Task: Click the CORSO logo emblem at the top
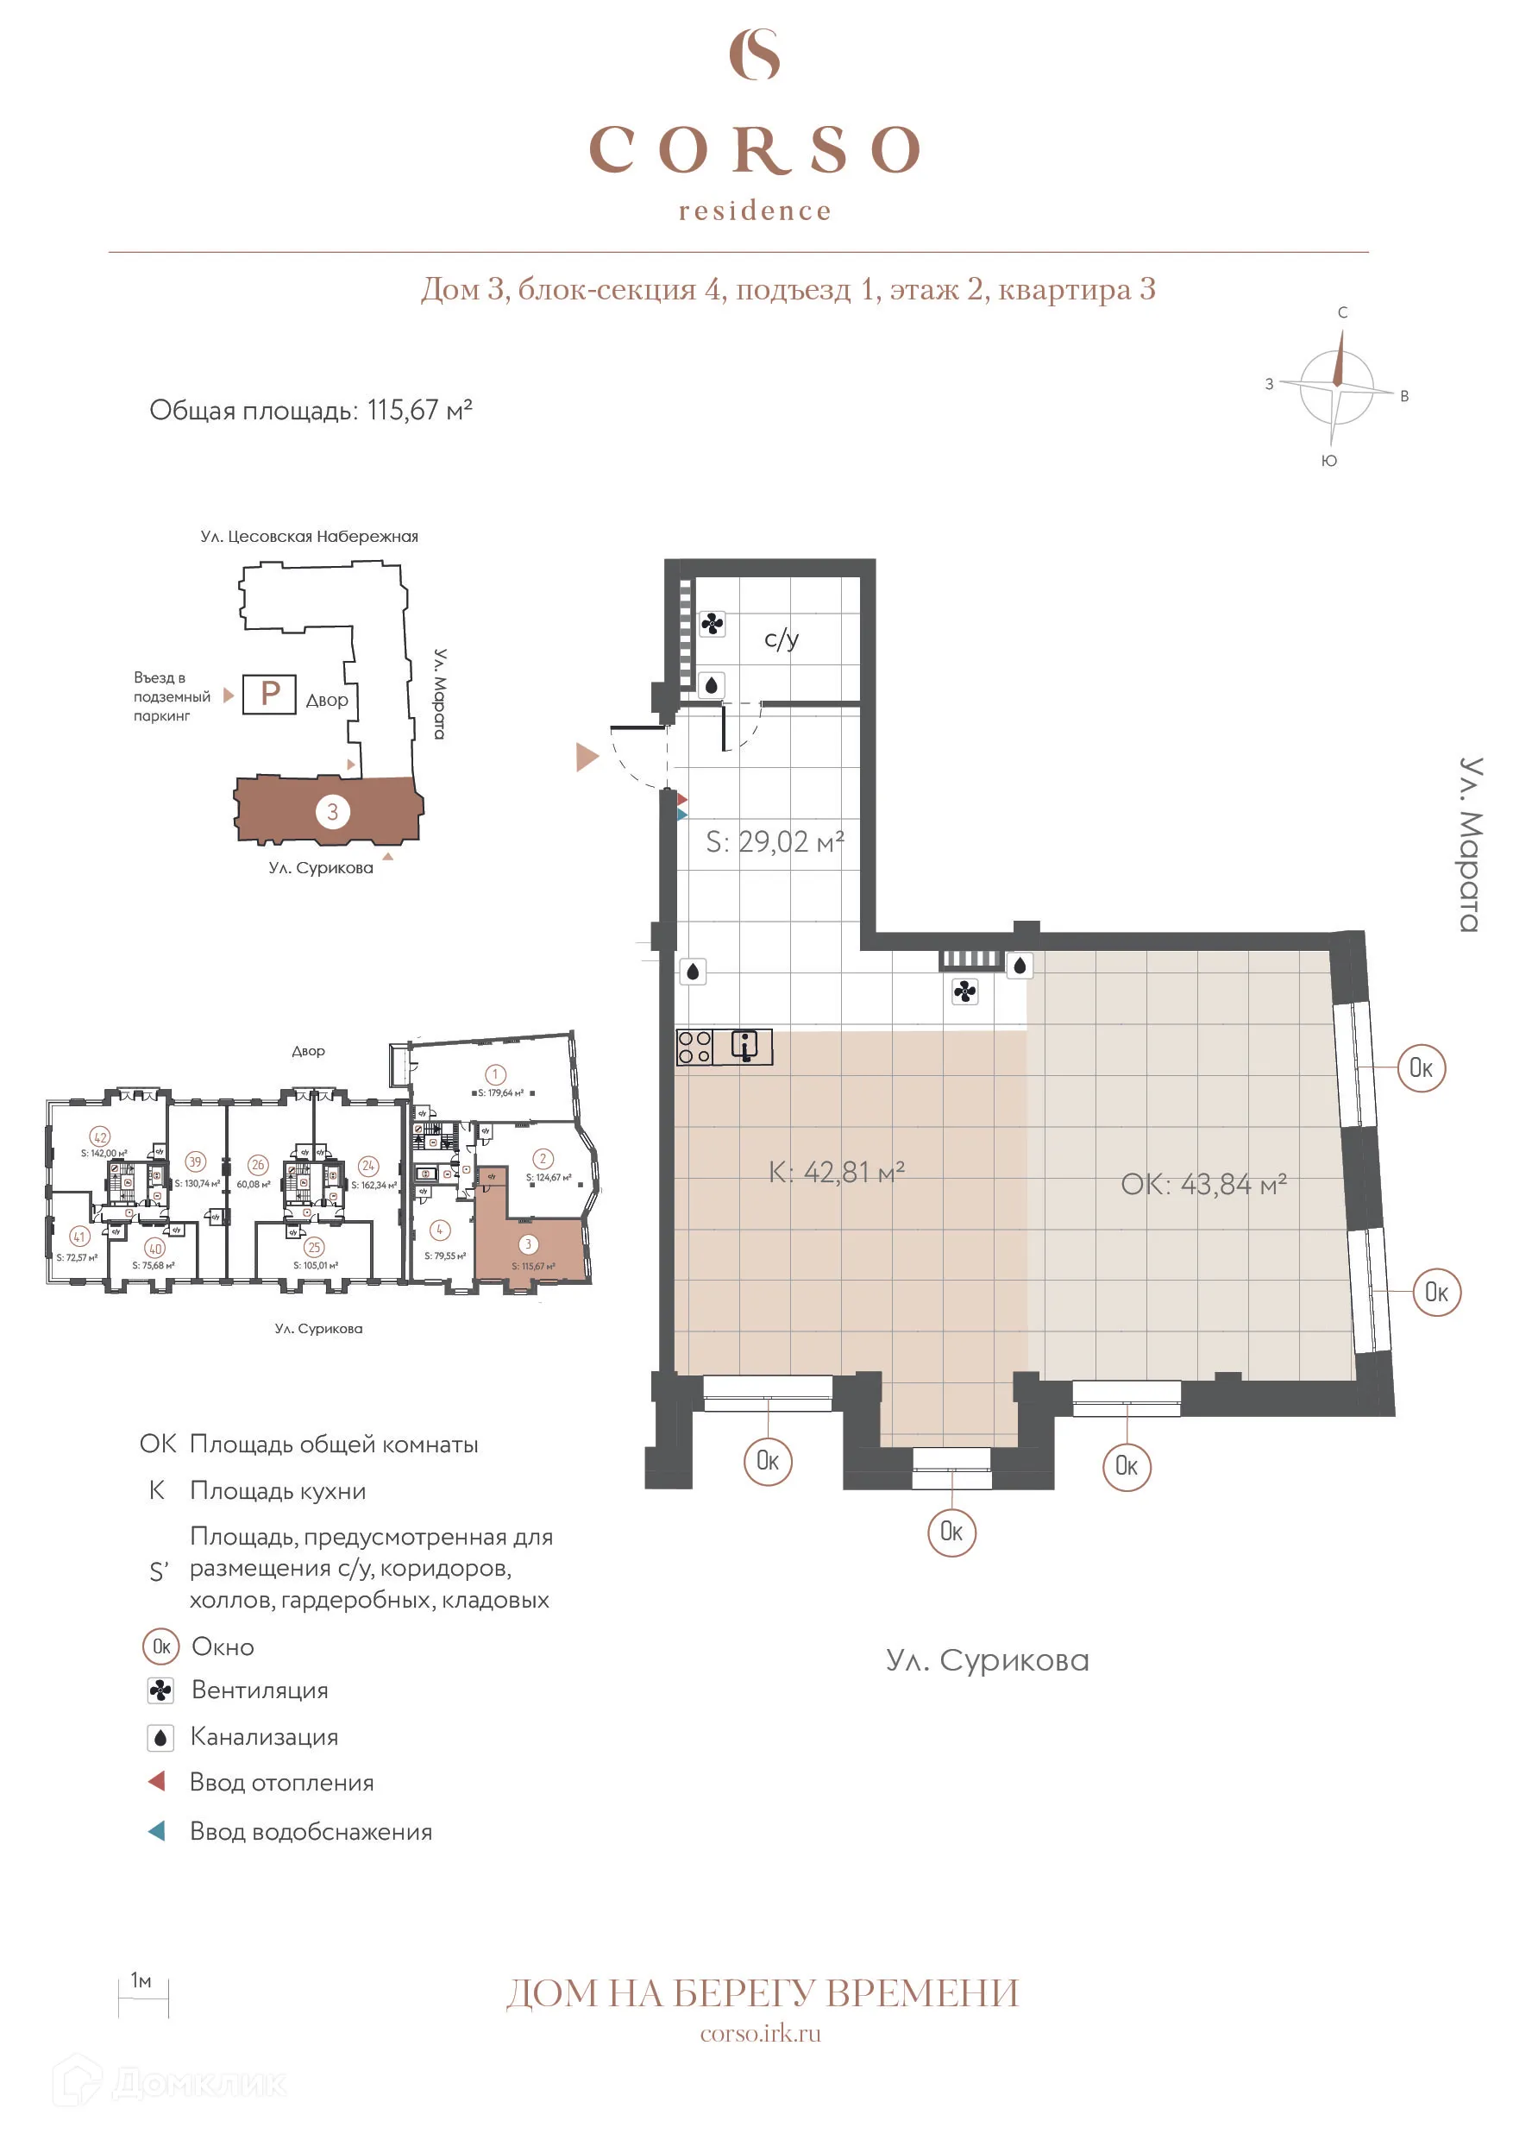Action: click(x=754, y=54)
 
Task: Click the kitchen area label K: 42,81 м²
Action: click(x=836, y=1172)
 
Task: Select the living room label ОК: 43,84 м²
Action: click(x=1202, y=1184)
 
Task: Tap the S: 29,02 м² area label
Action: click(x=775, y=841)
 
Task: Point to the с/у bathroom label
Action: click(x=781, y=639)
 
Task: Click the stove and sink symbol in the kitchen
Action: click(x=724, y=1047)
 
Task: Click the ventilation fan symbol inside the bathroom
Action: click(x=712, y=624)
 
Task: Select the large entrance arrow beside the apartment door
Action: click(x=586, y=756)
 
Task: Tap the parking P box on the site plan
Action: click(x=269, y=694)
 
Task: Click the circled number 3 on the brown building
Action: click(x=333, y=811)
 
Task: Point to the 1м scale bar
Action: click(x=142, y=1998)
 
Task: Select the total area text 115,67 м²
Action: click(x=419, y=410)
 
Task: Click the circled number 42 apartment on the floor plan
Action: click(x=100, y=1136)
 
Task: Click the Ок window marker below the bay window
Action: click(x=951, y=1532)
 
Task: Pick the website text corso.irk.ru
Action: click(x=760, y=2034)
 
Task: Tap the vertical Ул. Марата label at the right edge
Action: click(x=1469, y=845)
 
